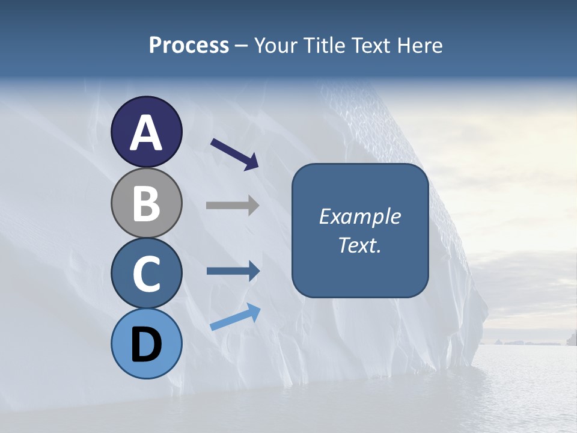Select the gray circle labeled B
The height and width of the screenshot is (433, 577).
click(146, 203)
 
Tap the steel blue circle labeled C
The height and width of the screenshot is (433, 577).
click(146, 273)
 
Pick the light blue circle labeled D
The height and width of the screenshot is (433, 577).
click(146, 343)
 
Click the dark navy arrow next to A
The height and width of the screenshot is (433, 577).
click(234, 154)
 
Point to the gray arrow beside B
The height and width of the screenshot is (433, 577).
click(233, 205)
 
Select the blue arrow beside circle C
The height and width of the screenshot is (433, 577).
click(233, 271)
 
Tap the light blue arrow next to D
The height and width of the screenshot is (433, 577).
click(235, 317)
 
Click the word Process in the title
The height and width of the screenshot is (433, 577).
click(189, 46)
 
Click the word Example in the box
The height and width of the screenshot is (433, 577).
click(360, 217)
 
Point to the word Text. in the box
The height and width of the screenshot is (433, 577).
click(360, 245)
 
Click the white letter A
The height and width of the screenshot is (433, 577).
click(146, 133)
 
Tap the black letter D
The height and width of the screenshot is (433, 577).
click(146, 345)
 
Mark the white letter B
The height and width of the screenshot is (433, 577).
click(146, 203)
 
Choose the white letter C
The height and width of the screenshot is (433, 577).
click(146, 274)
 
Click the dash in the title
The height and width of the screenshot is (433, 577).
click(241, 46)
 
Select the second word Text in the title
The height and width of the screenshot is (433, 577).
click(371, 46)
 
